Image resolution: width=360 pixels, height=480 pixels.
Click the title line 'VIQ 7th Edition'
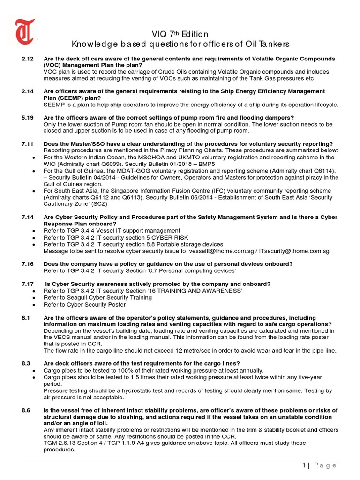tap(180, 34)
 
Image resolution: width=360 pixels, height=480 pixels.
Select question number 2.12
tap(28, 59)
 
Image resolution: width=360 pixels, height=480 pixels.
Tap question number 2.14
tap(28, 91)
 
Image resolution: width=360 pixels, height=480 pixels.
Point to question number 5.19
tap(28, 117)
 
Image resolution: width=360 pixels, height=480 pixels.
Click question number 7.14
tap(28, 217)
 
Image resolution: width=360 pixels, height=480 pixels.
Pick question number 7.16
tap(28, 264)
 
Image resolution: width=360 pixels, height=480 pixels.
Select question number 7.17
tap(28, 284)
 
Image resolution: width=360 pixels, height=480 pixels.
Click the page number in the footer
tap(304, 465)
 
